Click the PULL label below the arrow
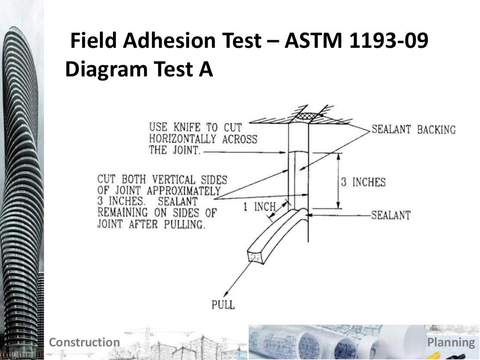pyautogui.click(x=223, y=305)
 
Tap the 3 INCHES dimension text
pyautogui.click(x=363, y=182)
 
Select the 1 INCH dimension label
pyautogui.click(x=259, y=207)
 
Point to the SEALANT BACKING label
pyautogui.click(x=413, y=129)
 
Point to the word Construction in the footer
pyautogui.click(x=84, y=342)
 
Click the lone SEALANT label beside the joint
pyautogui.click(x=391, y=215)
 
